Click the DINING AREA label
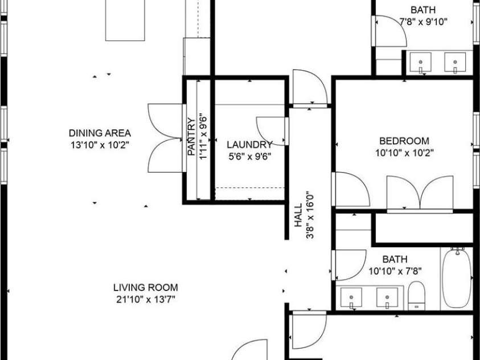[x=100, y=133]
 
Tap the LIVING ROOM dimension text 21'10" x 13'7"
[x=145, y=299]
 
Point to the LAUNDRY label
[x=249, y=144]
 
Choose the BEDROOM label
[x=404, y=141]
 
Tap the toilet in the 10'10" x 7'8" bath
[x=417, y=297]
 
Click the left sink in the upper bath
[x=421, y=62]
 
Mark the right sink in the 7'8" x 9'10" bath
[x=456, y=62]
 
